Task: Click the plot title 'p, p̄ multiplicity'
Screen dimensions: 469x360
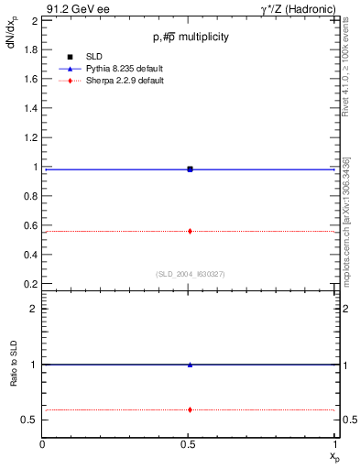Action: (191, 37)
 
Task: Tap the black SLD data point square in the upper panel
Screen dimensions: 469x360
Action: (190, 169)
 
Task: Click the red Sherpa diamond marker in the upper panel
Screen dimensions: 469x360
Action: (190, 231)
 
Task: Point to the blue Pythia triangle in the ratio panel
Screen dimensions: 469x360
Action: (190, 365)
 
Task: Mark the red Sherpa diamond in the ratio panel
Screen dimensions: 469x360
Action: (190, 409)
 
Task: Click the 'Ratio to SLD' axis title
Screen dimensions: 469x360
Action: (14, 377)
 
